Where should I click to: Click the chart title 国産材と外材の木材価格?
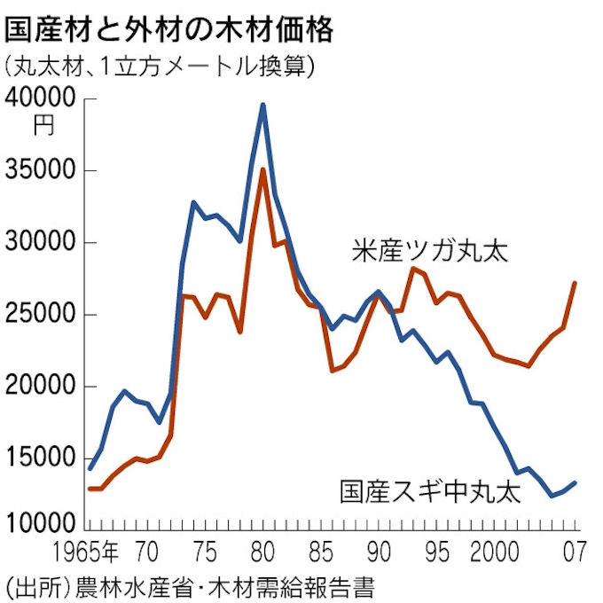(x=169, y=28)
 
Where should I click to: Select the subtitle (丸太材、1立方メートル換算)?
(x=160, y=68)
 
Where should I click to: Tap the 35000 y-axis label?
(x=43, y=170)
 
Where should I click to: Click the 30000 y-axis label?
(x=43, y=242)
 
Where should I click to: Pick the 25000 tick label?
(x=43, y=315)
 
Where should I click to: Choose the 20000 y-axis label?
(x=43, y=387)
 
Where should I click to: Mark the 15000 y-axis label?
(x=43, y=458)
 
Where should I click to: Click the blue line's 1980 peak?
(x=262, y=105)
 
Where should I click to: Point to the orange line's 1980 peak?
(x=262, y=169)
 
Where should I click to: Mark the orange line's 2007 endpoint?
(x=575, y=284)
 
